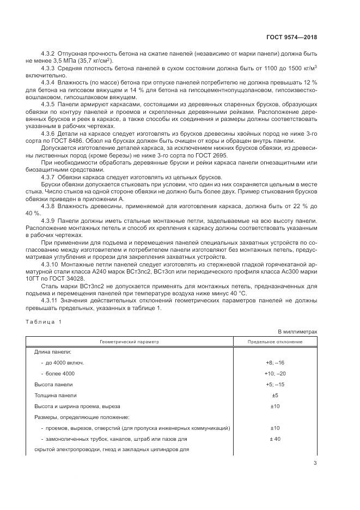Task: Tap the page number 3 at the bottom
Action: tap(315, 463)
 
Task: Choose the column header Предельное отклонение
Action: tap(275, 342)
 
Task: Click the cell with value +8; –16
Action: tap(275, 362)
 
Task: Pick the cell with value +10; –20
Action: tap(275, 373)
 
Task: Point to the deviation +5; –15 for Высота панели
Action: tap(275, 384)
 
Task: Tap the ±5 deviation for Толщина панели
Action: tap(275, 395)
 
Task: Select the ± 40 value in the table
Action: tap(275, 438)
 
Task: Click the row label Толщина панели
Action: tap(56, 395)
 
